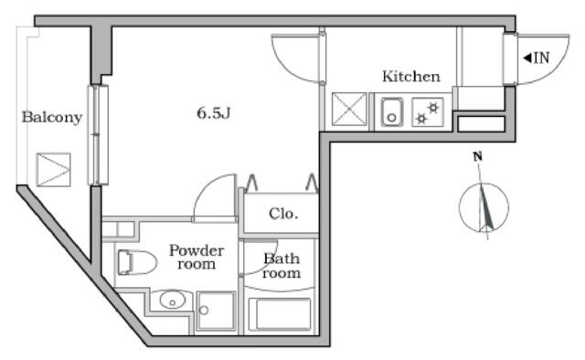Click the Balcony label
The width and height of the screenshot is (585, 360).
52,117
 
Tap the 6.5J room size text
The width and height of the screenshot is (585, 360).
213,112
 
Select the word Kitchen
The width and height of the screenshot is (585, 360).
411,77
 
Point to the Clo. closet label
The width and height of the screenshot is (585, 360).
283,214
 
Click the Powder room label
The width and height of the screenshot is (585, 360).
197,257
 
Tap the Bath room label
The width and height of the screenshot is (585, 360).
282,266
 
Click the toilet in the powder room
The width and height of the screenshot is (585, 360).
137,262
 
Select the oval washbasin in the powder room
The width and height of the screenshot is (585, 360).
173,300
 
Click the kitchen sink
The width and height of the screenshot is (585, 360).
391,111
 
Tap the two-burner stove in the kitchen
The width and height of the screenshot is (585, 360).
428,111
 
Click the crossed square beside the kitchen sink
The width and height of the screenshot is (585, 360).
349,110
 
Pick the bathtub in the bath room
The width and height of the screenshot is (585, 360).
280,314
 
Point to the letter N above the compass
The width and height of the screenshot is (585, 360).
477,156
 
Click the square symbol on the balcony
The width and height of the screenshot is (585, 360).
54,170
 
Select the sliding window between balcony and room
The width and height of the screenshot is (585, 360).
98,135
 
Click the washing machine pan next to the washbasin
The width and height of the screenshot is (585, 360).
217,312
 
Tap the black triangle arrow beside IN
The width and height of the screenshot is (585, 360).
527,58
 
